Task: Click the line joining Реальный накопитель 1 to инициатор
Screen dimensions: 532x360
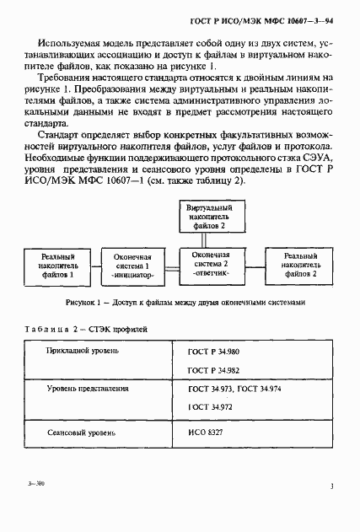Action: click(91, 264)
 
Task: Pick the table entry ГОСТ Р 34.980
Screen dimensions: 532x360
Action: click(214, 351)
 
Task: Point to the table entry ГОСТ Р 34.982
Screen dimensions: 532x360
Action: click(214, 369)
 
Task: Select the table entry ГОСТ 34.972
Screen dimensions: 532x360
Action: click(209, 407)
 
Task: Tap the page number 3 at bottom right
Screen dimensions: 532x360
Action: click(332, 486)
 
